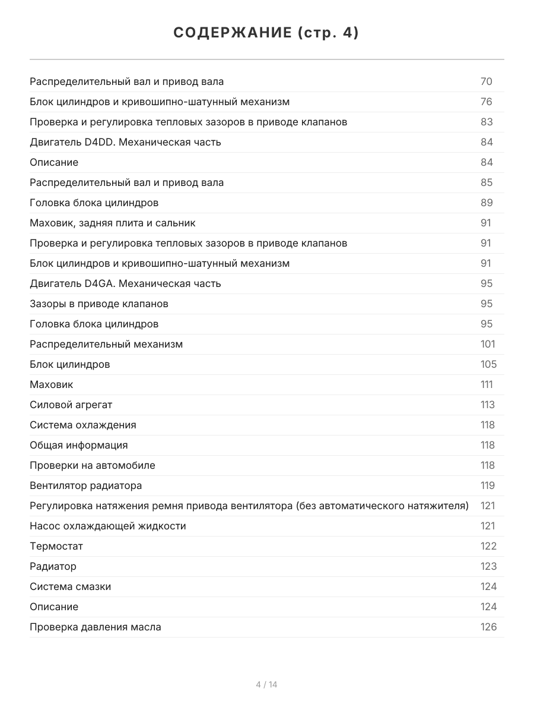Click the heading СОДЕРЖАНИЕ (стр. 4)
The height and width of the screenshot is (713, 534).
tap(266, 33)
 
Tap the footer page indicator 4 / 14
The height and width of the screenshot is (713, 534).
tap(266, 684)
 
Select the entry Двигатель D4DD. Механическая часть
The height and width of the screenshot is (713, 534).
tap(125, 142)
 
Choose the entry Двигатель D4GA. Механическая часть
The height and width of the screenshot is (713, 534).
tap(125, 283)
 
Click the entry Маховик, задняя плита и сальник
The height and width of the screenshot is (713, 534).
tap(113, 223)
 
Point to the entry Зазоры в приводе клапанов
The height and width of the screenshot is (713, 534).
tap(99, 304)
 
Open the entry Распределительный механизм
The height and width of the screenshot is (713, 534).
tap(106, 344)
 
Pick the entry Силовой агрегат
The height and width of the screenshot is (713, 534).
tap(71, 405)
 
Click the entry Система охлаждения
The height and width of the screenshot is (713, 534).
tap(83, 425)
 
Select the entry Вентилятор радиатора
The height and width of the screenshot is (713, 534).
tap(86, 485)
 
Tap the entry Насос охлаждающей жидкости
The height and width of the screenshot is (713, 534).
tap(108, 526)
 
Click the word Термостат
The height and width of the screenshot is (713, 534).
tap(56, 546)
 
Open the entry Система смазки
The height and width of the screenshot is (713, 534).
tap(71, 586)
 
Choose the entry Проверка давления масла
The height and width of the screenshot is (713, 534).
tap(96, 627)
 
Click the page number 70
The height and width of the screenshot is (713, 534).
tap(487, 81)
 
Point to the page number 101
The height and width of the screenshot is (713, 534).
tap(488, 344)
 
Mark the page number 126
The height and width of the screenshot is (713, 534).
tap(488, 627)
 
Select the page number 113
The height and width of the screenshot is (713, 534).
tap(487, 405)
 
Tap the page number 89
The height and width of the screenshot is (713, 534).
tap(487, 203)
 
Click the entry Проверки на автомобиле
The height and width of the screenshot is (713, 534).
tap(93, 465)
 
